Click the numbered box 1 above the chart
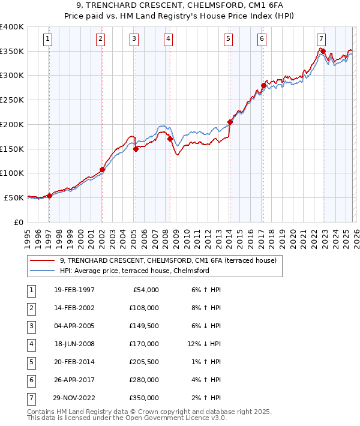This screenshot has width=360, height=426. pyautogui.click(x=47, y=40)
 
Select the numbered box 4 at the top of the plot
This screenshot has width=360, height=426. pyautogui.click(x=169, y=40)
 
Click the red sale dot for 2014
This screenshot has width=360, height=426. pyautogui.click(x=230, y=122)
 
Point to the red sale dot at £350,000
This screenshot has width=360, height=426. pyautogui.click(x=323, y=51)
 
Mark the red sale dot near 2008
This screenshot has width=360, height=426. pyautogui.click(x=170, y=139)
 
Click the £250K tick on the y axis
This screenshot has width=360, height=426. pyautogui.click(x=12, y=100)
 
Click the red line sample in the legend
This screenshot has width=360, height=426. pyautogui.click(x=43, y=261)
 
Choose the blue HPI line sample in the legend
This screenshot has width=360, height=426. pyautogui.click(x=43, y=271)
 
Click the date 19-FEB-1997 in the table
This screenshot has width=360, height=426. pyautogui.click(x=74, y=290)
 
